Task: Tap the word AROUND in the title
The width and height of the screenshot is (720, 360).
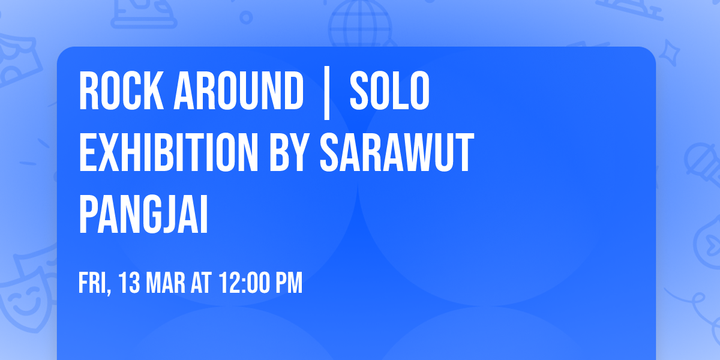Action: [x=238, y=92]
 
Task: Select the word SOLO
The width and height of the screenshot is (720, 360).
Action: [x=389, y=92]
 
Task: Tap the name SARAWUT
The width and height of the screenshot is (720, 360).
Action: [x=397, y=153]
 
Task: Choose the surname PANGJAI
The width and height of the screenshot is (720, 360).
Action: [x=143, y=214]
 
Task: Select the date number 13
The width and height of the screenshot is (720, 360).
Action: [x=130, y=283]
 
